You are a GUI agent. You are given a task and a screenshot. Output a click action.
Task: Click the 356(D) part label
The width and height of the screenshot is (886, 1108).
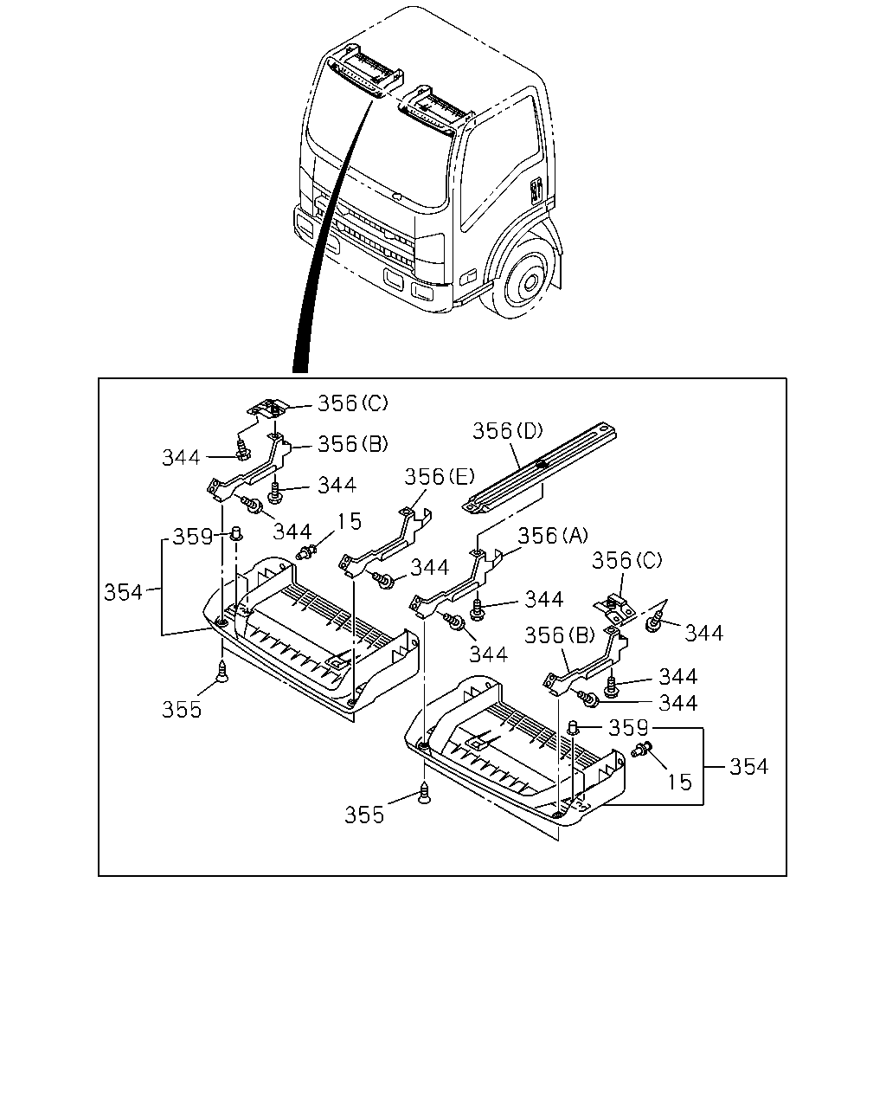(x=508, y=431)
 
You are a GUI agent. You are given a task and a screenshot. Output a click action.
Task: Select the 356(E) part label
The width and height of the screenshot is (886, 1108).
(x=440, y=477)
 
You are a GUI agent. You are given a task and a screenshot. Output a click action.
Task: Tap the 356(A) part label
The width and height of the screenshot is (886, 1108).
(x=552, y=536)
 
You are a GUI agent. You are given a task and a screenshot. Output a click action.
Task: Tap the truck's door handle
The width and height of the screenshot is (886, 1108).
(x=536, y=191)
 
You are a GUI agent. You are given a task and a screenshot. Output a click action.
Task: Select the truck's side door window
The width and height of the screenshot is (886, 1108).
(x=498, y=162)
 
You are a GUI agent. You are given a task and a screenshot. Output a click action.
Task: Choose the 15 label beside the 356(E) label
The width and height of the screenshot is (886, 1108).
(x=349, y=522)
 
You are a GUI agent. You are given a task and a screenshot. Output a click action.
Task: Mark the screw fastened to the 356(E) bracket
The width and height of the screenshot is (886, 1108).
(x=384, y=581)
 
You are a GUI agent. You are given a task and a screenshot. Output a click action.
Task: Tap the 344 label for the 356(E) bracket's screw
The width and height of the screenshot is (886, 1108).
(x=430, y=567)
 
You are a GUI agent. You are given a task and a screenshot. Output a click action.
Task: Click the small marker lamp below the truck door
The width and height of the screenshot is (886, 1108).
(x=471, y=275)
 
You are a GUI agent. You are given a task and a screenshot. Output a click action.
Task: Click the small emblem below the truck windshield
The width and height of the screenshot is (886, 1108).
(x=396, y=196)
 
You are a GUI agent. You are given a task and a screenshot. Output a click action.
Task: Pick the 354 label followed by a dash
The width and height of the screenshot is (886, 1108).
(x=123, y=593)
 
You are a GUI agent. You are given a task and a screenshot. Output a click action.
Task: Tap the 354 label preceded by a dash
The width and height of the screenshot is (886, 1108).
(x=748, y=767)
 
